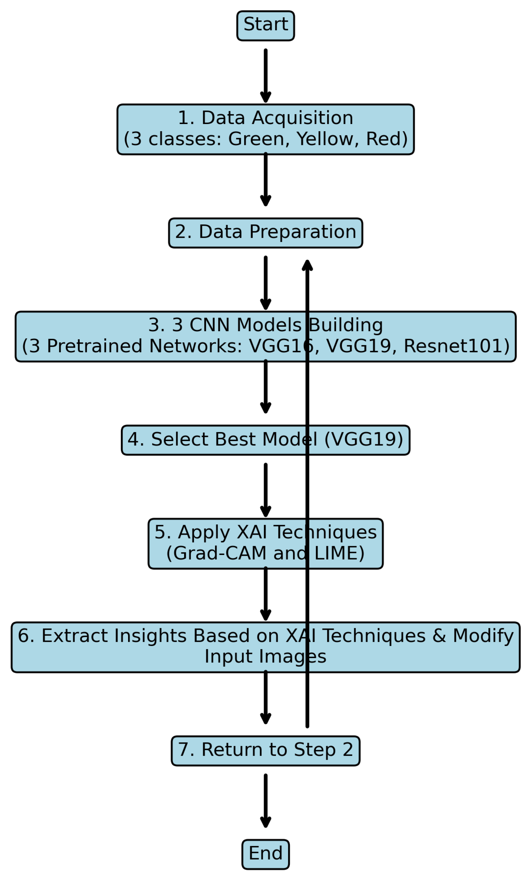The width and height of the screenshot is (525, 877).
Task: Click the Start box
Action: [x=265, y=26]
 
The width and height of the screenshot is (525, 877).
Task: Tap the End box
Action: [x=265, y=854]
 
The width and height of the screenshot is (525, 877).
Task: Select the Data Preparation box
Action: [x=265, y=233]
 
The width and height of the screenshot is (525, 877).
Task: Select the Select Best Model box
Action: [x=265, y=440]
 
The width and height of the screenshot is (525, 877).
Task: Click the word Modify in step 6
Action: [x=483, y=636]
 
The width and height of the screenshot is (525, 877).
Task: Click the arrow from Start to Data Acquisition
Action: [x=265, y=74]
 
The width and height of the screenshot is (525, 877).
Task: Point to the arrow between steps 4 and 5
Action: [x=265, y=489]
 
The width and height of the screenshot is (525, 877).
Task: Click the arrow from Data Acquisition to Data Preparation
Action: [x=265, y=179]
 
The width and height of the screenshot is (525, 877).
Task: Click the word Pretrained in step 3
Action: [x=95, y=346]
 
